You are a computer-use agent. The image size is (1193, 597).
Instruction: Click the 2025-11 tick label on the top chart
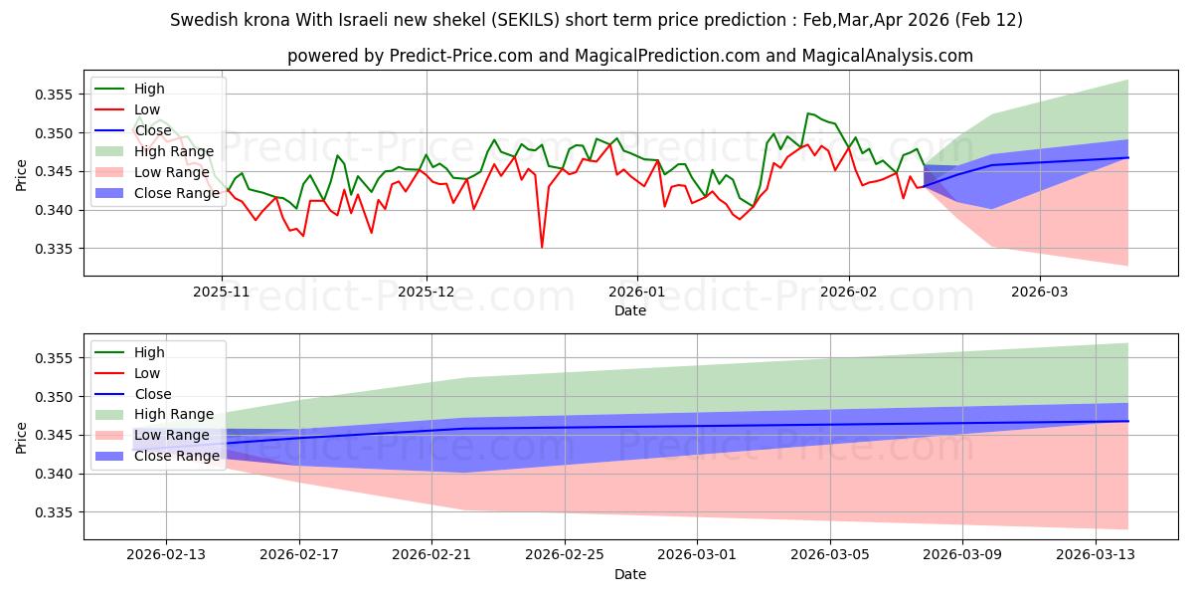click(x=222, y=292)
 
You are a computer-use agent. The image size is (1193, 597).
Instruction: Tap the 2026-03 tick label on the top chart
click(x=1040, y=292)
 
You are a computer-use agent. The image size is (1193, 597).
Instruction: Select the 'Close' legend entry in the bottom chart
click(x=152, y=394)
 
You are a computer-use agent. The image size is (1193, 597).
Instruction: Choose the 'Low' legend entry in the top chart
click(x=146, y=109)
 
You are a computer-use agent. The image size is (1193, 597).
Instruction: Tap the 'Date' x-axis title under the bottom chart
click(x=630, y=574)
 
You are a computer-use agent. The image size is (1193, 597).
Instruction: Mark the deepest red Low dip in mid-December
click(x=542, y=247)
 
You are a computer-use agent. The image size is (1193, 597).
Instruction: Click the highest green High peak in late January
click(x=808, y=113)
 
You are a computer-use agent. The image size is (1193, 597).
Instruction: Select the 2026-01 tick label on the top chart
click(x=636, y=292)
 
